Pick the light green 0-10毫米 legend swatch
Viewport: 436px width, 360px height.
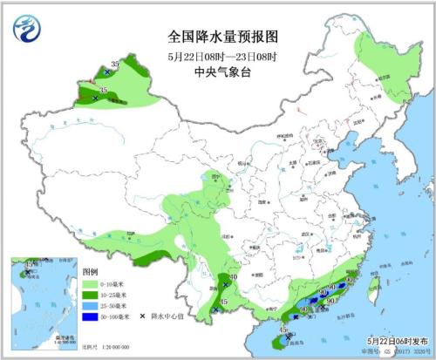[x=91, y=284]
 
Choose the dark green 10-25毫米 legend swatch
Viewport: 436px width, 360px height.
[x=91, y=295]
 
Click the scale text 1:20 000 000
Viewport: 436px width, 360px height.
[x=102, y=347]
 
